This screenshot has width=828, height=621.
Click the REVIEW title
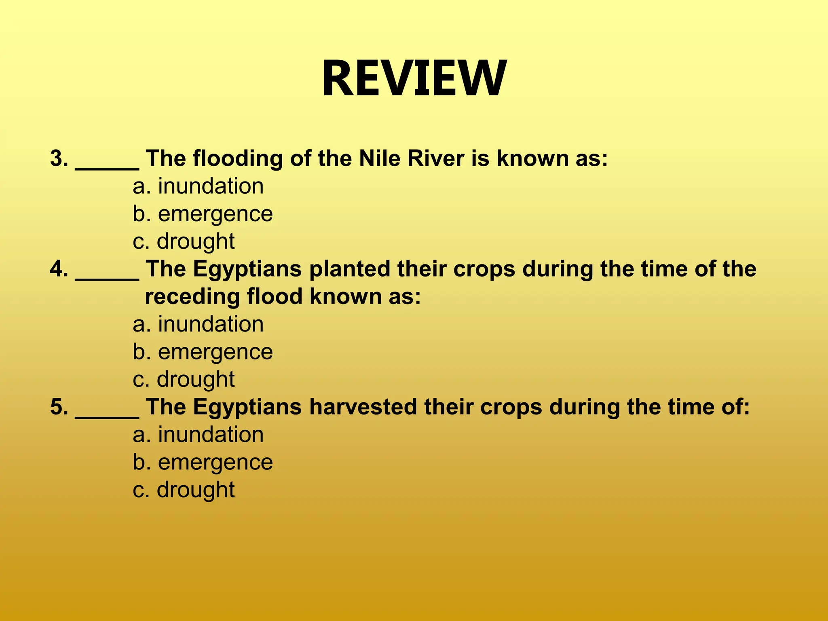click(414, 78)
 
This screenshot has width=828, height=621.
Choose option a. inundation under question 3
click(198, 186)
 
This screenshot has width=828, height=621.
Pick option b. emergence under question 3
click(203, 214)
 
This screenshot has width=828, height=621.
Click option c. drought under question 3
click(184, 241)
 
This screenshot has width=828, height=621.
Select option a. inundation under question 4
click(198, 324)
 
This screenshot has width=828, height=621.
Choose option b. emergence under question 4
click(203, 352)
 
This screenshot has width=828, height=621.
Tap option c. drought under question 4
click(184, 379)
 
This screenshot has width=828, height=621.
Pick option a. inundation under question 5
click(198, 435)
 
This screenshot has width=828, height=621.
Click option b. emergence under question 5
click(203, 462)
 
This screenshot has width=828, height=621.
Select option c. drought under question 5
click(184, 490)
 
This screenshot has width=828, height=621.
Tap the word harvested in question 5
click(363, 407)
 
